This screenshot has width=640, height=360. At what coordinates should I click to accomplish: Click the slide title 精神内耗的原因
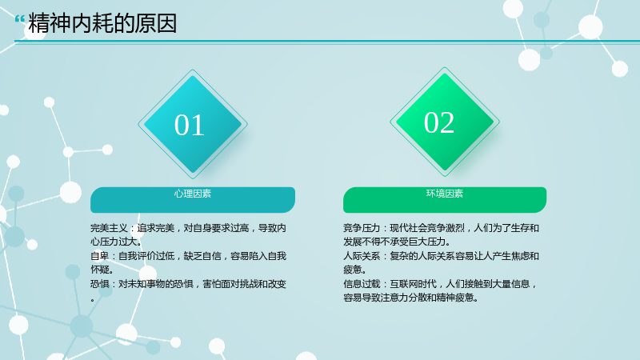(102, 23)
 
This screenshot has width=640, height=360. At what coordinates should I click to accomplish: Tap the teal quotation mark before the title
(19, 19)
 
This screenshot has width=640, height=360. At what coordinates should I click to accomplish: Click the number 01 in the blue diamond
(190, 125)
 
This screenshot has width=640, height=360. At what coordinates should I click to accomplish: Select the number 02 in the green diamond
(439, 122)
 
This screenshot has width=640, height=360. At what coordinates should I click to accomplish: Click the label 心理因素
(193, 194)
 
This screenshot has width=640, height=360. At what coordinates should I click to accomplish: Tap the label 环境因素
(445, 194)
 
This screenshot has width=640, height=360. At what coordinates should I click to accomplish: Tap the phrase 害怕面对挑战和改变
(245, 284)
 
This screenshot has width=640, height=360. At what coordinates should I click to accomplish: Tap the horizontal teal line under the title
(327, 42)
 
